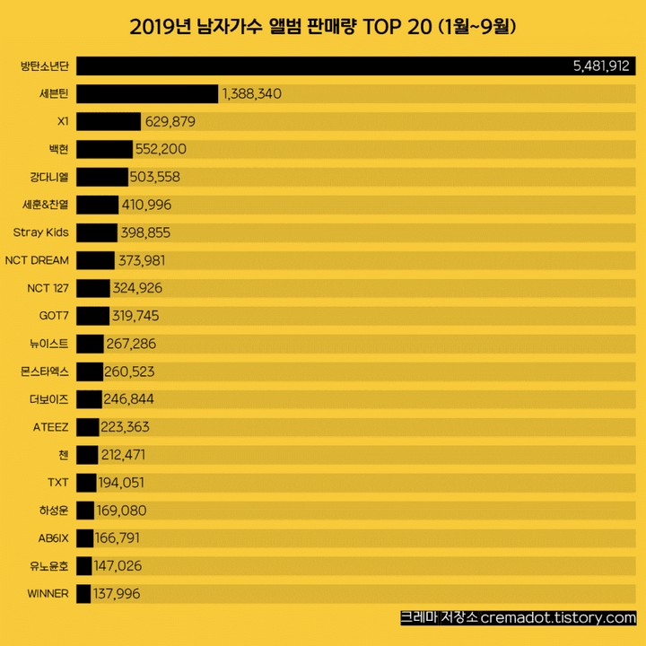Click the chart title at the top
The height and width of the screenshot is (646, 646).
[322, 27]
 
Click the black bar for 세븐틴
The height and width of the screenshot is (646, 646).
[147, 94]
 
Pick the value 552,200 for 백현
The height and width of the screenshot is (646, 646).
[161, 150]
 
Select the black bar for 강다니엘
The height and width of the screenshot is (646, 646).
[102, 178]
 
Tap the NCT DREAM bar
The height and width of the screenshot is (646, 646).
[96, 261]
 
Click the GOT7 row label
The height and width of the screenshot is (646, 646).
[55, 316]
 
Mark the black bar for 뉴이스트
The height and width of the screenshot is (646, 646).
[90, 344]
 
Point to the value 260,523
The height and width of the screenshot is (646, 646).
[135, 371]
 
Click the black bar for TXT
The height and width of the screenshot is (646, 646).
[86, 483]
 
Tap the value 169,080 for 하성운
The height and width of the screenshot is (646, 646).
[122, 511]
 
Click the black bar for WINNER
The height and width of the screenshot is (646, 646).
[83, 594]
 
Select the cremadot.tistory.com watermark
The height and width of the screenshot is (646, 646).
[518, 618]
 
